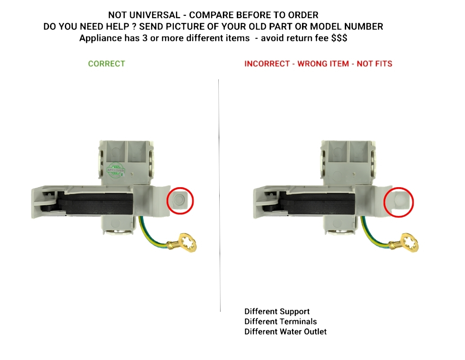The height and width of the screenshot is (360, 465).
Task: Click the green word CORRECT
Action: pos(107,64)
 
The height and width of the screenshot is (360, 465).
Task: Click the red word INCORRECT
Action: pos(267,64)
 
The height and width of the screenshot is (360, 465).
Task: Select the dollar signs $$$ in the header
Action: pos(339,38)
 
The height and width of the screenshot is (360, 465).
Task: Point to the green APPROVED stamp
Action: pos(116,171)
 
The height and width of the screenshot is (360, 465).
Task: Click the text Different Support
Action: pos(277,311)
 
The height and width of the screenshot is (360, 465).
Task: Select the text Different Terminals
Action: pos(280,321)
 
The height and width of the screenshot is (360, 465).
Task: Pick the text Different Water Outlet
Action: pos(285,332)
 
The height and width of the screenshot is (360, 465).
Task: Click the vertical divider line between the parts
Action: pos(220,195)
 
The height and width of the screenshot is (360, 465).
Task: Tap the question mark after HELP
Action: pos(134,27)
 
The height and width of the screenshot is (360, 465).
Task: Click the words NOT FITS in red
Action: pos(374,64)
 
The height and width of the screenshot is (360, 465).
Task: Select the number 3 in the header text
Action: pos(144,38)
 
